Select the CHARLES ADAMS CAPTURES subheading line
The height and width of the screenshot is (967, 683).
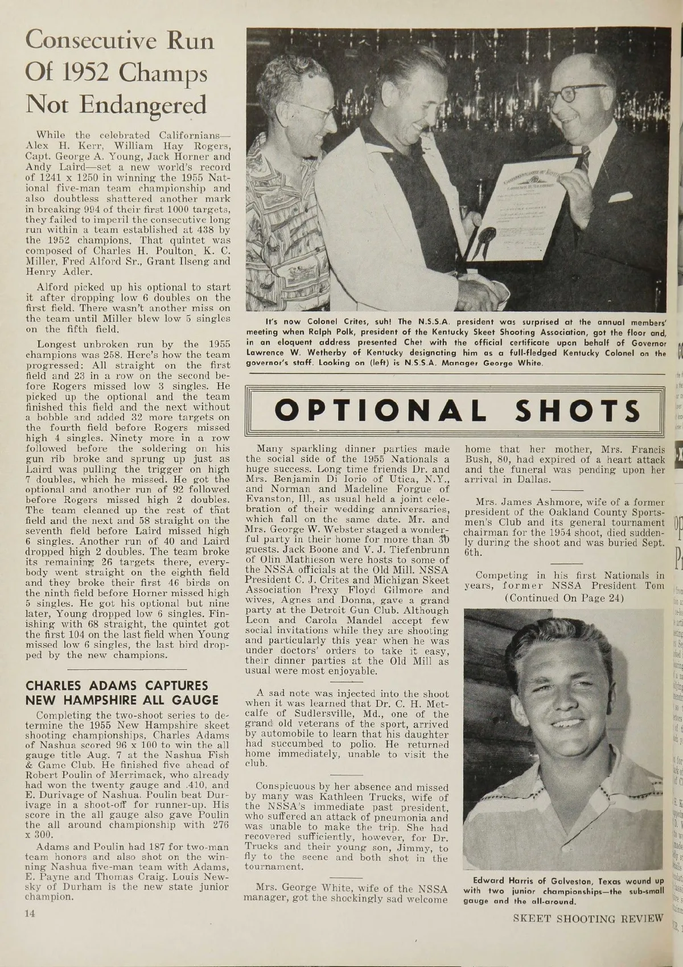click(x=117, y=685)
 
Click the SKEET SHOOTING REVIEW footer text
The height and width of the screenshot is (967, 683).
click(x=588, y=918)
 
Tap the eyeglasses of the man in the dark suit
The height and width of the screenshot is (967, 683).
click(x=578, y=94)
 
